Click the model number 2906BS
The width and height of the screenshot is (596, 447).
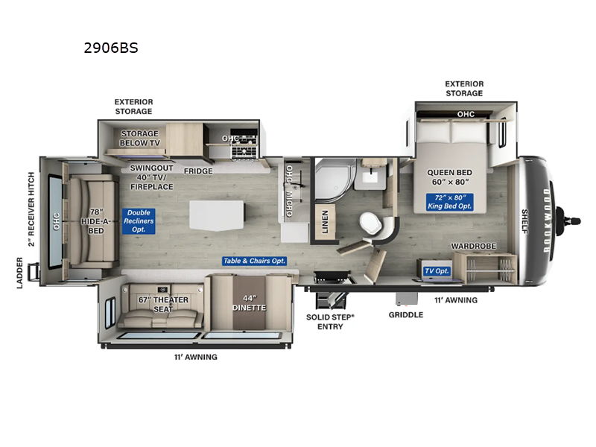[x=111, y=48]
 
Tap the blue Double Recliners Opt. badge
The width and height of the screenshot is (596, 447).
[x=139, y=222]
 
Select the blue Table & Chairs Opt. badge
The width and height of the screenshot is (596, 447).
[x=255, y=261]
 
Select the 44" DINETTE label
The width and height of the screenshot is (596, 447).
[x=247, y=303]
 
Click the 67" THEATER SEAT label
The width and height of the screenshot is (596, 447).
[x=164, y=303]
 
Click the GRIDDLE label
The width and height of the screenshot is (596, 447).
[x=405, y=314]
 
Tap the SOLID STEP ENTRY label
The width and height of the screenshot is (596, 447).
[x=330, y=321]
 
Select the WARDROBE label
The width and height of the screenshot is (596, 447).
[x=474, y=245]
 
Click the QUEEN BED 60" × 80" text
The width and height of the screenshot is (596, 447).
[x=451, y=175]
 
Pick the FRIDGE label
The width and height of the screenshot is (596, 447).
[x=199, y=171]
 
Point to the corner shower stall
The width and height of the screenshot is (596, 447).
[x=333, y=178]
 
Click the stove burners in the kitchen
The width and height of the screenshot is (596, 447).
[x=244, y=150]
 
